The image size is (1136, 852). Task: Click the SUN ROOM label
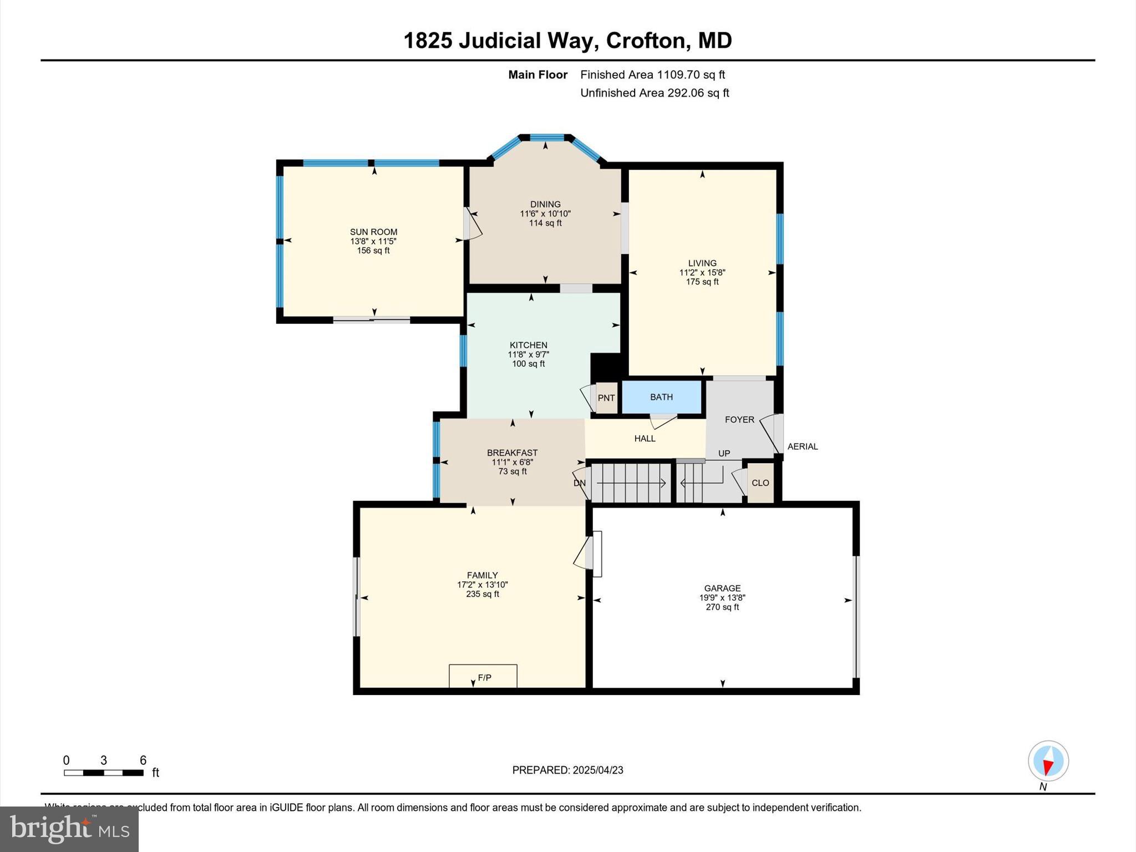click(x=373, y=232)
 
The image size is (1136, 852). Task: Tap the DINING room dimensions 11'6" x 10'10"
click(x=545, y=214)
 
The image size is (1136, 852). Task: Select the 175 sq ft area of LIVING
click(x=702, y=282)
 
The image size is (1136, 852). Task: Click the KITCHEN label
click(x=528, y=345)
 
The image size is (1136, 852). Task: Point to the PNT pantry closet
click(x=606, y=398)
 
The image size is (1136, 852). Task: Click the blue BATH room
click(x=661, y=397)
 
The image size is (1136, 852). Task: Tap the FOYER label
click(x=739, y=419)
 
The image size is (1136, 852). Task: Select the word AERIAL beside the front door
click(x=802, y=447)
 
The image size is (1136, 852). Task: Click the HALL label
click(x=645, y=438)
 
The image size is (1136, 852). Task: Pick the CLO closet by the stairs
click(x=760, y=483)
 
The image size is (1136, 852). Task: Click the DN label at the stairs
click(x=579, y=483)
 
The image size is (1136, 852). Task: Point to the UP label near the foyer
click(x=724, y=453)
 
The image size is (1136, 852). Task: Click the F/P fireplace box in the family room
click(x=483, y=677)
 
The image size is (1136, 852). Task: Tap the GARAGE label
click(x=722, y=588)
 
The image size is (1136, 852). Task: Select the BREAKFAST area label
click(x=512, y=453)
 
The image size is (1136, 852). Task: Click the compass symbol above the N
click(x=1048, y=760)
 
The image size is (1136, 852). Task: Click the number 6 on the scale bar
click(x=143, y=760)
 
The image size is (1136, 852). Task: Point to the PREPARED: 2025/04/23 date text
click(x=567, y=770)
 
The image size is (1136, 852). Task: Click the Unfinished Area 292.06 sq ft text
click(x=655, y=93)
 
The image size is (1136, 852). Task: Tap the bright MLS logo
click(x=69, y=829)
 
